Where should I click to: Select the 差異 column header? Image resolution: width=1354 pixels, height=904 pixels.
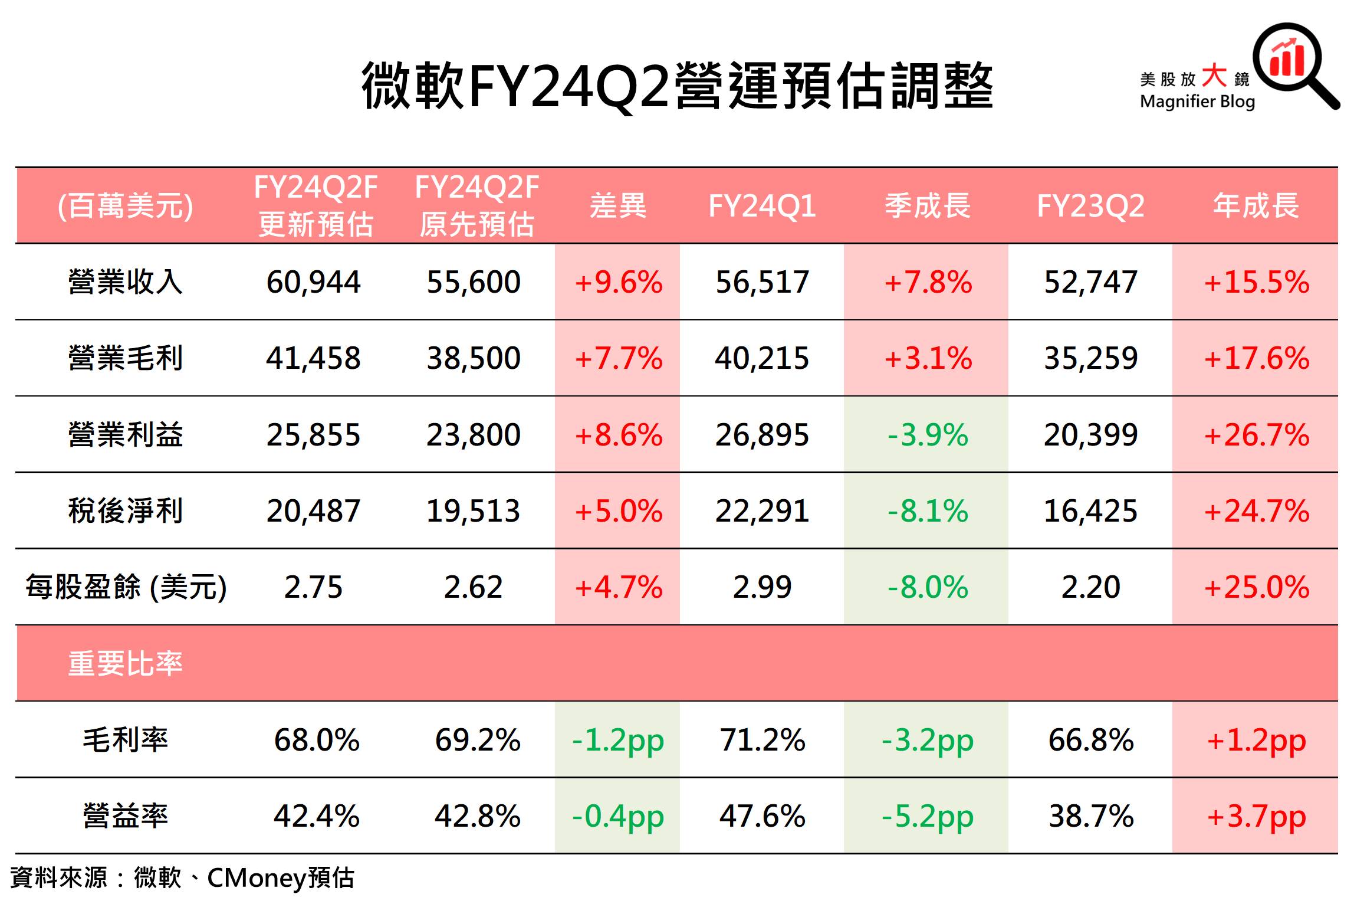[x=617, y=206]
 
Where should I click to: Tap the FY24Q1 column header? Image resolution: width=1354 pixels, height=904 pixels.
[x=762, y=206]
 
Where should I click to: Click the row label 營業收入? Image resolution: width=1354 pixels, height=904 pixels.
[x=126, y=281]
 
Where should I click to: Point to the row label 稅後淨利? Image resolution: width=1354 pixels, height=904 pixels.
[x=126, y=510]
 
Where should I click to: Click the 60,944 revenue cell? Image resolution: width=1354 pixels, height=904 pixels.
[x=313, y=282]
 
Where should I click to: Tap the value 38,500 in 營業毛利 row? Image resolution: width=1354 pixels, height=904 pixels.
[x=474, y=358]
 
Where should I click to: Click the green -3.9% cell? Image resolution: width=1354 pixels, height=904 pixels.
[x=928, y=435]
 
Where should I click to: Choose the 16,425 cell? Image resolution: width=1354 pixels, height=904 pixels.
[x=1090, y=511]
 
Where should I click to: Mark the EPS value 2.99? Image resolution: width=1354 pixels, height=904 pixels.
[x=762, y=587]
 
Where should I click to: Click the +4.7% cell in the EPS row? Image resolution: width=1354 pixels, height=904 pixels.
[x=618, y=587]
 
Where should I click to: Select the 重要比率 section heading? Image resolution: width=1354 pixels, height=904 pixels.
[x=126, y=663]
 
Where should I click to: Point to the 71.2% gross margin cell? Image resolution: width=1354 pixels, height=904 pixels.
[x=762, y=740]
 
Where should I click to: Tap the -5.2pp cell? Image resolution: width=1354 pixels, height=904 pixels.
[x=928, y=817]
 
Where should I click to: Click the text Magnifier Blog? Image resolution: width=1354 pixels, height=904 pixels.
[x=1197, y=101]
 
